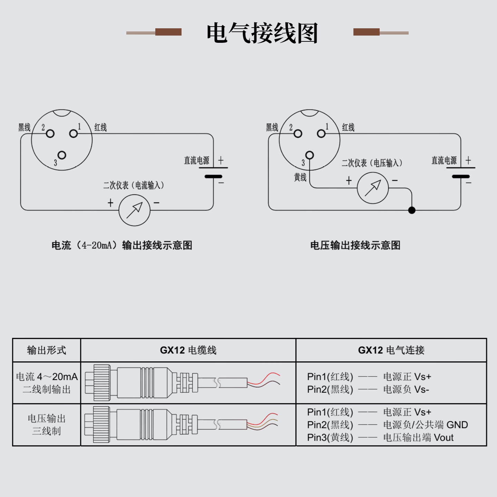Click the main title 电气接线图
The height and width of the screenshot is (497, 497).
[x=262, y=33]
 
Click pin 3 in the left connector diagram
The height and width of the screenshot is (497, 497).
[x=62, y=155]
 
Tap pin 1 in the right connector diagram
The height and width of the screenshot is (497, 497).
[x=321, y=134]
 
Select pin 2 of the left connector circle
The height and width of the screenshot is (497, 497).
[x=50, y=134]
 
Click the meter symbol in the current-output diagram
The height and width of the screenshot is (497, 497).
[x=134, y=210]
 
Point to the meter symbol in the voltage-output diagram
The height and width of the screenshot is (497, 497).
[x=373, y=188]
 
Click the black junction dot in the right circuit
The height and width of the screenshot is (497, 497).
[x=412, y=210]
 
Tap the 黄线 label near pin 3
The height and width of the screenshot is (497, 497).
[x=300, y=177]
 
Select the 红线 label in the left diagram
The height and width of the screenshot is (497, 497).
[x=100, y=127]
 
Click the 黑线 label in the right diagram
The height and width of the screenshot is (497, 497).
[x=272, y=127]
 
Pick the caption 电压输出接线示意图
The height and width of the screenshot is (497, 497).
[x=355, y=245]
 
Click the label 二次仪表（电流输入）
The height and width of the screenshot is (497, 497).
[x=134, y=185]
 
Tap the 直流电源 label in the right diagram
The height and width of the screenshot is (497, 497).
[x=444, y=160]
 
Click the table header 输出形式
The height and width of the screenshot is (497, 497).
[x=47, y=350]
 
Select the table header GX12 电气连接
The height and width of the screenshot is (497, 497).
[x=391, y=350]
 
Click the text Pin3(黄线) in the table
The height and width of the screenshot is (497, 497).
[x=330, y=437]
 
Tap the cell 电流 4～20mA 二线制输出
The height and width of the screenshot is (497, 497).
[x=47, y=383]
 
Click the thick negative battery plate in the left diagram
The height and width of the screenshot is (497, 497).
[x=213, y=177]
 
